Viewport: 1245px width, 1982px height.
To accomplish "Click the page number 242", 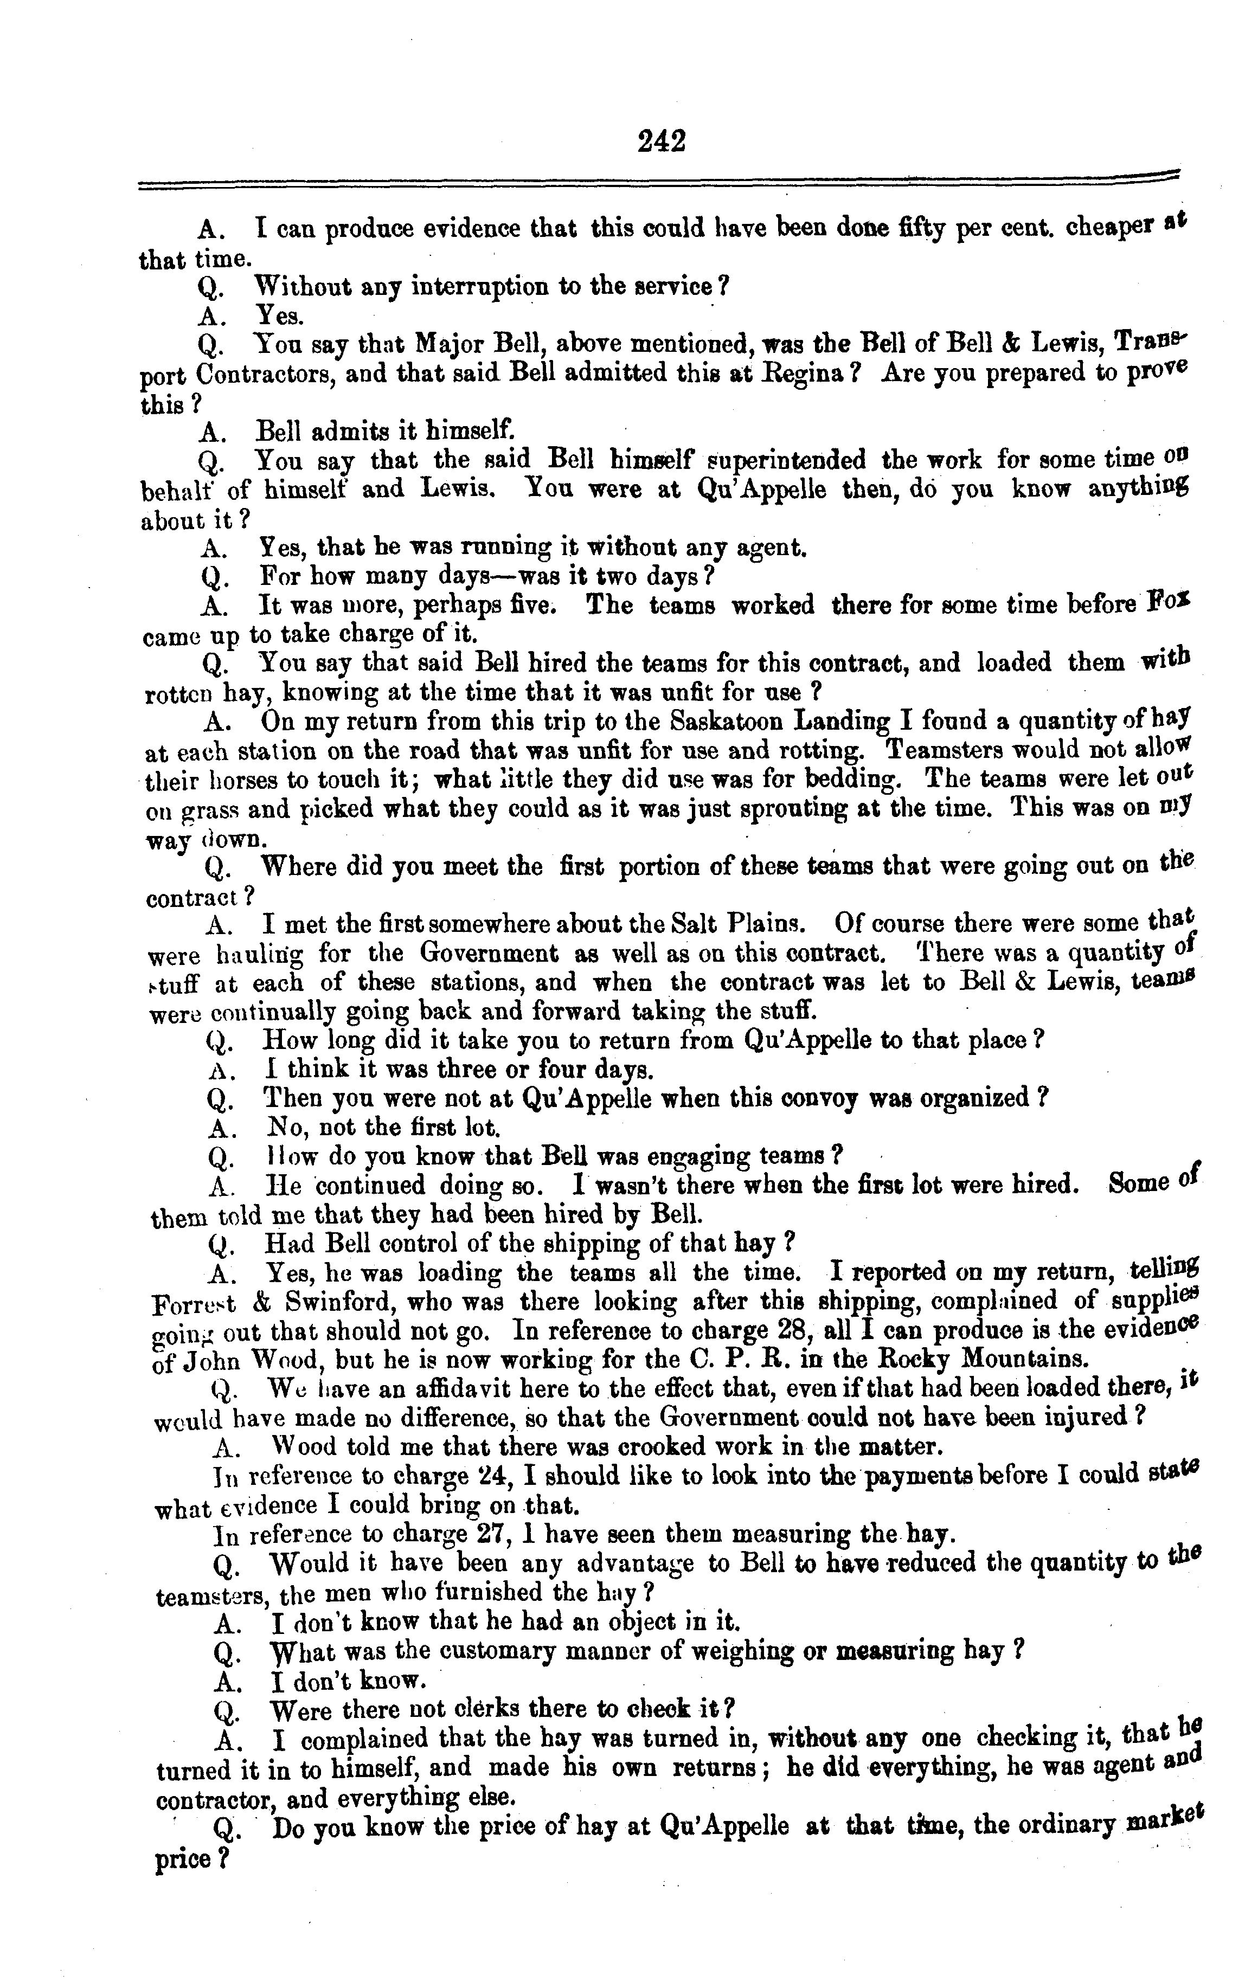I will [661, 141].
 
